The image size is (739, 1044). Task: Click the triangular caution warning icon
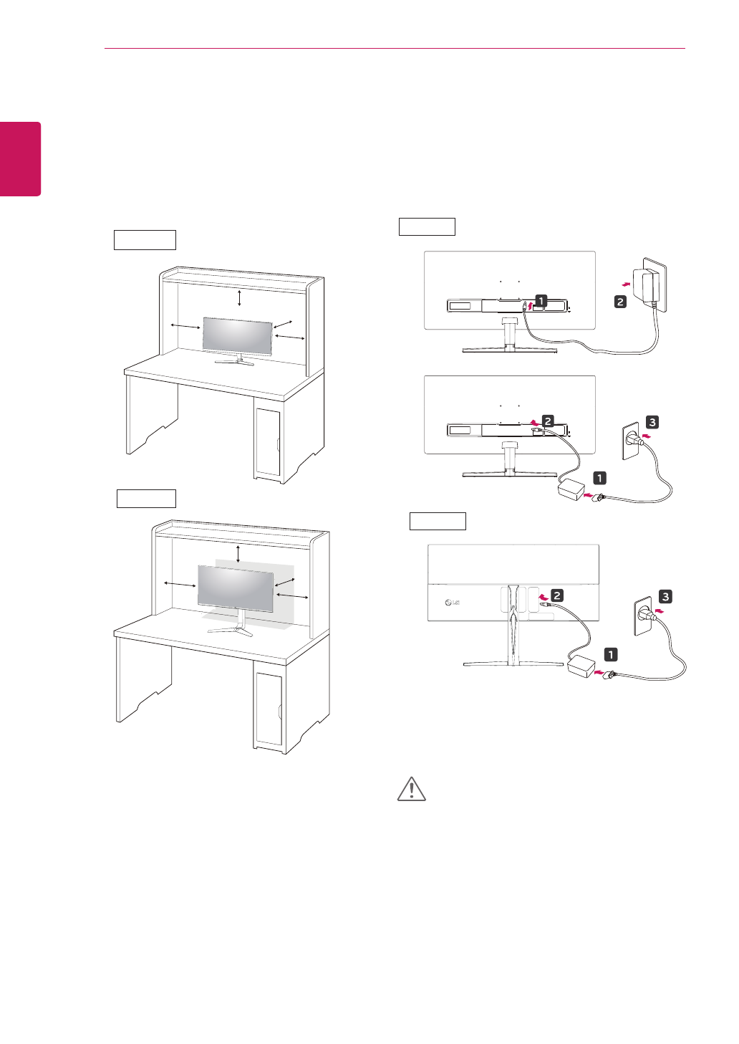411,789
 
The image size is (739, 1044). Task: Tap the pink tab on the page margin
20,158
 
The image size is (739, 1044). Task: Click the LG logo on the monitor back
452,603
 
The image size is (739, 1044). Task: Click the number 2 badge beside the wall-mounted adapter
620,302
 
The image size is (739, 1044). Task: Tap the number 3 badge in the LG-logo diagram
665,596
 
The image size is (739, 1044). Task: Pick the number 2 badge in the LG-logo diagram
556,595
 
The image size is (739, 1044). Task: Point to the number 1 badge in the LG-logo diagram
610,654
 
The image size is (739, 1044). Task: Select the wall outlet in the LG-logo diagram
643,617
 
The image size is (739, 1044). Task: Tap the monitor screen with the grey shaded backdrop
236,588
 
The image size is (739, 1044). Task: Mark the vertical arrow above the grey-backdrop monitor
238,553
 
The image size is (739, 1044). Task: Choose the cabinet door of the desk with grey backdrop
269,709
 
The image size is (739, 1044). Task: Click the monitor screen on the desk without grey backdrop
238,335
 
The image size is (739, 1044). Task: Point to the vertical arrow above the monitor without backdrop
239,297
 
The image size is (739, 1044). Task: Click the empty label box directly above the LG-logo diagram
438,521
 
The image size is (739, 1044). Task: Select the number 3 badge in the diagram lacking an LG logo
652,422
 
